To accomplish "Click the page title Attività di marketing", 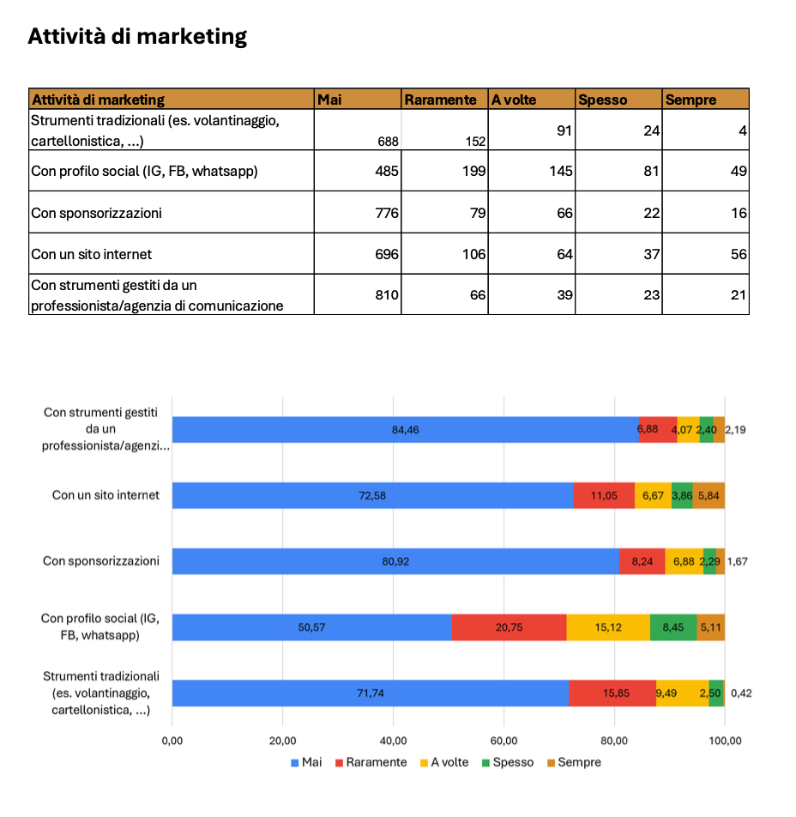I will (137, 37).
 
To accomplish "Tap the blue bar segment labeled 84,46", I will (405, 429).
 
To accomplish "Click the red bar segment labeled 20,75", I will (509, 627).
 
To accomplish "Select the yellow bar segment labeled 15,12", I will (608, 627).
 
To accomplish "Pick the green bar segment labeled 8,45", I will (673, 627).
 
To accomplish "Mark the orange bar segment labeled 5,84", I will (709, 496).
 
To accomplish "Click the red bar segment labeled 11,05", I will (604, 496).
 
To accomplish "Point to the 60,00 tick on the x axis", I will (504, 741).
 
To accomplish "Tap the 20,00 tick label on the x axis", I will (282, 741).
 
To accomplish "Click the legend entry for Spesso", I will (512, 762).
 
